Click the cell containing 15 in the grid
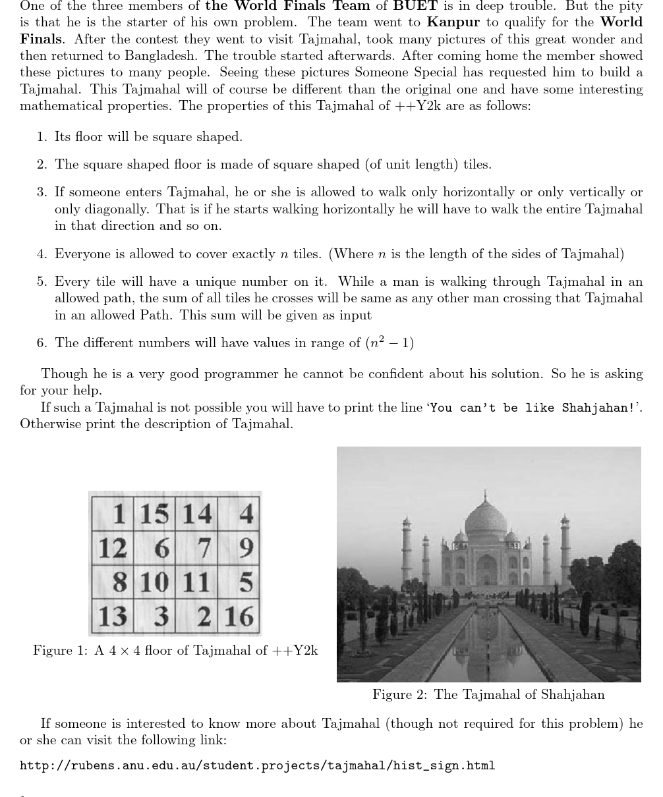[x=154, y=513]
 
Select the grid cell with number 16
[x=239, y=616]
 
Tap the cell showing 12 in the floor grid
[x=113, y=547]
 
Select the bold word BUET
[x=415, y=6]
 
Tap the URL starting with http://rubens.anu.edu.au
[x=257, y=765]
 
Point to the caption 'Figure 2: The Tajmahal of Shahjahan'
[x=488, y=694]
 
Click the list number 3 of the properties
[x=42, y=192]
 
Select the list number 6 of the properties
[x=42, y=343]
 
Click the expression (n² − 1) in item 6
[x=389, y=343]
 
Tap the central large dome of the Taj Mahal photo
[x=486, y=524]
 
